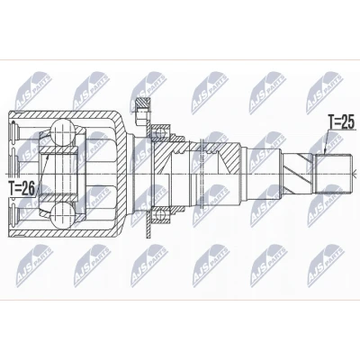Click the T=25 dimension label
click(341, 122)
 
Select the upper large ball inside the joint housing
click(62, 131)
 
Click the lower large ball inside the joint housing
click(62, 216)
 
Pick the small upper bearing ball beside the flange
click(159, 131)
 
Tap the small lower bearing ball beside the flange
click(159, 214)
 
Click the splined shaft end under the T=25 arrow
click(334, 174)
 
